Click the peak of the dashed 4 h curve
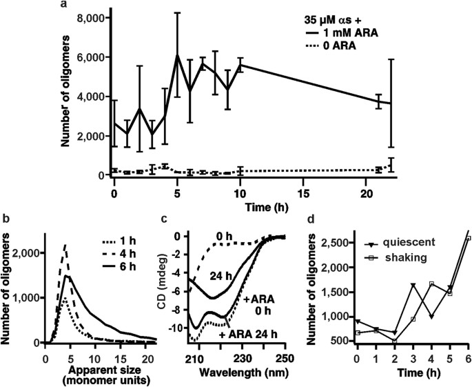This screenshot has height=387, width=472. pos(65,244)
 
